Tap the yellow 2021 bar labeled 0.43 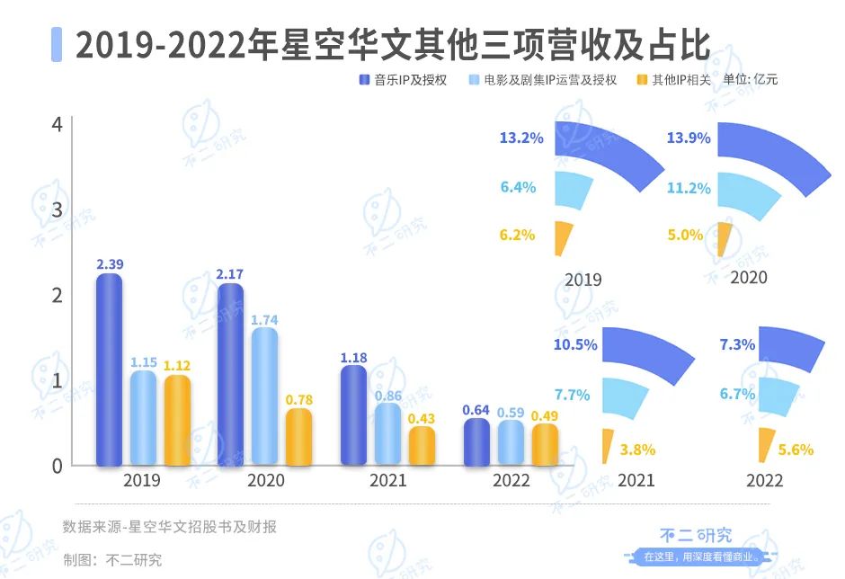tap(421, 446)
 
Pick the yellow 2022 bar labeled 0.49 tap(545, 444)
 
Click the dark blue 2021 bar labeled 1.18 tap(354, 415)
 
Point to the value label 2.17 tap(230, 273)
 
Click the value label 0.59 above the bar tap(511, 414)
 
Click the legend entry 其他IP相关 tap(680, 80)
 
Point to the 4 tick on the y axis tap(57, 124)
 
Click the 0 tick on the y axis tap(57, 466)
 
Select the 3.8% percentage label tap(637, 449)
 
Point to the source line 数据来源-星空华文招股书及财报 tap(170, 527)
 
